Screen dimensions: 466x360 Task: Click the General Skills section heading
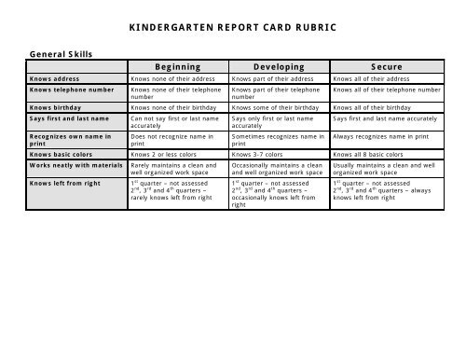58,54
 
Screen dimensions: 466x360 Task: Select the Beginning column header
177,67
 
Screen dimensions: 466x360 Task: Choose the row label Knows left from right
65,184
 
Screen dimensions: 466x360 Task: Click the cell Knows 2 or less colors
165,154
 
